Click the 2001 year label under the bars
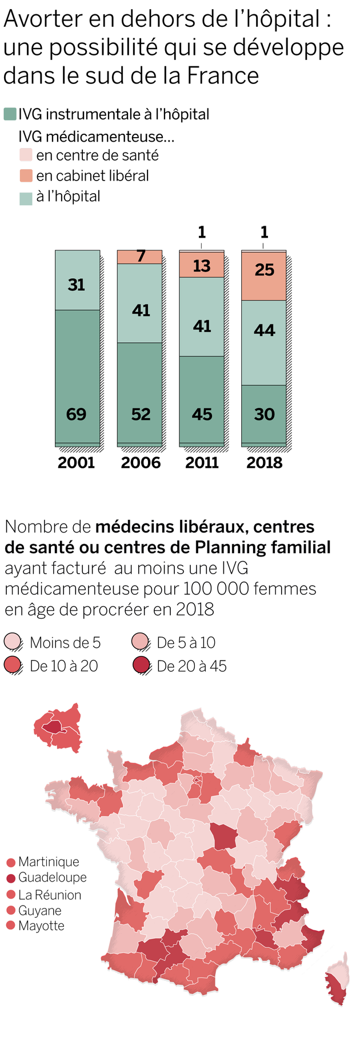pyautogui.click(x=76, y=462)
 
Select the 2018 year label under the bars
pyautogui.click(x=264, y=462)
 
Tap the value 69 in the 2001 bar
pyautogui.click(x=76, y=414)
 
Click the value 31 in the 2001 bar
pyautogui.click(x=76, y=285)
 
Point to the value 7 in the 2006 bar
pyautogui.click(x=141, y=257)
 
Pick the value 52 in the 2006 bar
pyautogui.click(x=141, y=414)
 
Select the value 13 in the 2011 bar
pyautogui.click(x=202, y=266)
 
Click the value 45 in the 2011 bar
pyautogui.click(x=202, y=414)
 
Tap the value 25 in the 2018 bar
pyautogui.click(x=264, y=270)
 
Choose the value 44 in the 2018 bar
pyautogui.click(x=264, y=330)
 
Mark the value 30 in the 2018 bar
pyautogui.click(x=264, y=414)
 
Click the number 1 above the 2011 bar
pyautogui.click(x=202, y=232)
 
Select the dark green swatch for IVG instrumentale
pyautogui.click(x=10, y=114)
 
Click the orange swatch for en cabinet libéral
pyautogui.click(x=26, y=175)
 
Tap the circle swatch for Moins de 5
pyautogui.click(x=13, y=642)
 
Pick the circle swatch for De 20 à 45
pyautogui.click(x=141, y=666)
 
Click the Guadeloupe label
pyautogui.click(x=53, y=877)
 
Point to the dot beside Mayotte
pyautogui.click(x=10, y=926)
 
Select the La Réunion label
pyautogui.click(x=50, y=895)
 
